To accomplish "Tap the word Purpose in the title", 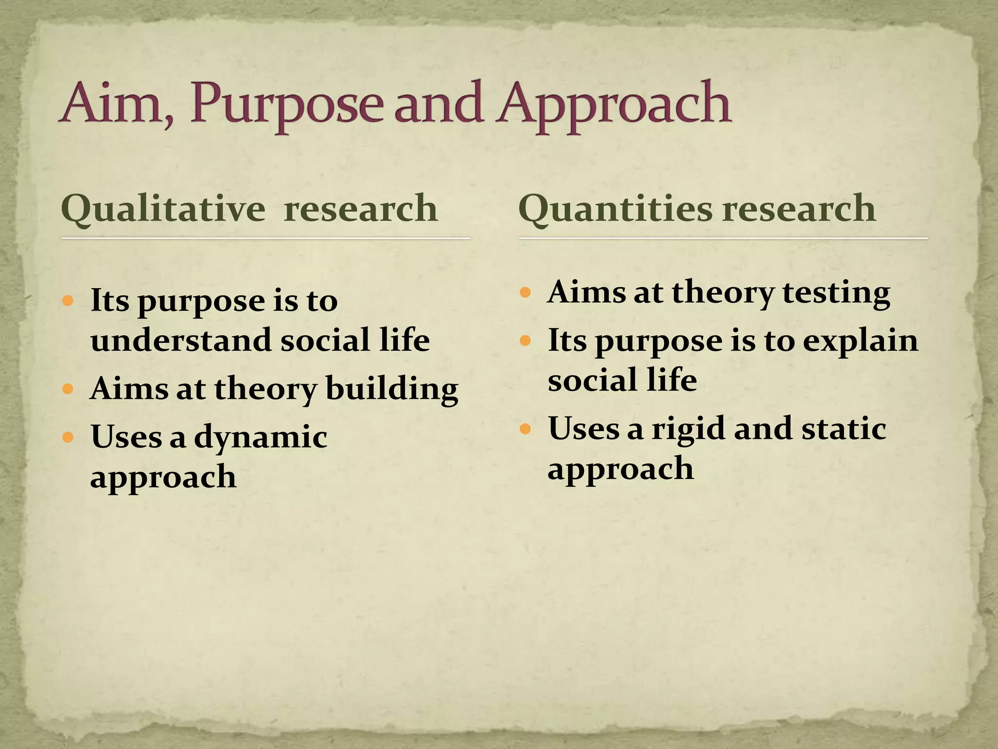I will (288, 105).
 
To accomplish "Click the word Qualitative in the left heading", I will (163, 209).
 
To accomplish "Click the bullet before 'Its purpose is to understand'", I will (68, 300).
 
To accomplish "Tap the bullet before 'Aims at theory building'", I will (68, 389).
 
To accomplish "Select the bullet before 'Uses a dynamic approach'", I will (68, 436).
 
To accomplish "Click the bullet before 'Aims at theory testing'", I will (525, 293).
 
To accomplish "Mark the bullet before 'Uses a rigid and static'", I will (525, 429).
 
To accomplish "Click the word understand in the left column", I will (181, 340).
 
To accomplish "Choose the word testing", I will (836, 293).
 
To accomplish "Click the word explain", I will (860, 341).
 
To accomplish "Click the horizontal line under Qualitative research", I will (266, 238).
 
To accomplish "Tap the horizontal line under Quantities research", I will (723, 238).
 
